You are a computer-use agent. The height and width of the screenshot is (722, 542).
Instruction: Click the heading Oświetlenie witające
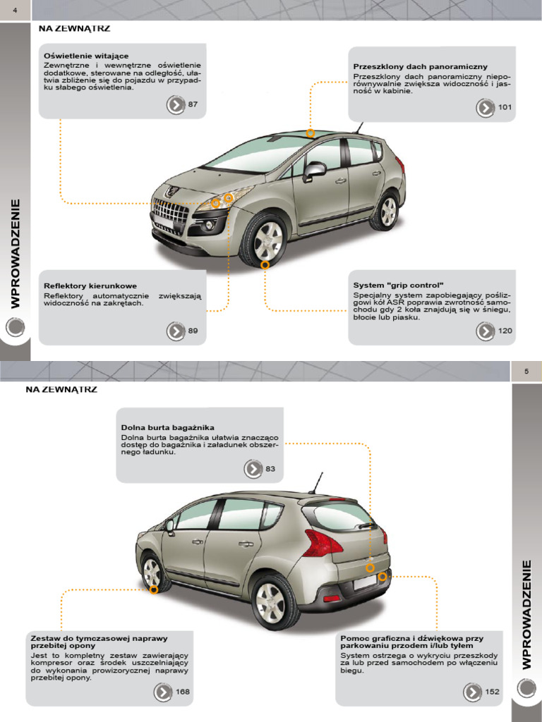pyautogui.click(x=86, y=55)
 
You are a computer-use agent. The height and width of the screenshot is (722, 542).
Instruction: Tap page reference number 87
pyautogui.click(x=193, y=104)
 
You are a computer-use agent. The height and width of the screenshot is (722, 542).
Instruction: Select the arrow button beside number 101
pyautogui.click(x=486, y=108)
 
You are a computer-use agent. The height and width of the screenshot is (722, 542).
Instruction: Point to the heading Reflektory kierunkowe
pyautogui.click(x=90, y=286)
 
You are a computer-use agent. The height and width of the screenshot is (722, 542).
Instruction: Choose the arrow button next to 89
pyautogui.click(x=176, y=331)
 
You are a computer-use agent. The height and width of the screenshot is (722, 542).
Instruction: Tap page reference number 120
pyautogui.click(x=505, y=331)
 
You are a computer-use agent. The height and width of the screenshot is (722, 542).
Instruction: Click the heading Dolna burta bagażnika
pyautogui.click(x=168, y=427)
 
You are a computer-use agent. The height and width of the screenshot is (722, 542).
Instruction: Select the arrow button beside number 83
pyautogui.click(x=253, y=469)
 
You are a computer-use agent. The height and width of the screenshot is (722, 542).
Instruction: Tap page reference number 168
pyautogui.click(x=183, y=692)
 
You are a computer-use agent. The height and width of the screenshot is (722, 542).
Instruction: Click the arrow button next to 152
pyautogui.click(x=473, y=692)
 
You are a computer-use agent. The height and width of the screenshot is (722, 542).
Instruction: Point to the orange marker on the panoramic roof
pyautogui.click(x=311, y=133)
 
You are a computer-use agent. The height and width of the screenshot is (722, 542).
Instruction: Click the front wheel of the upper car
pyautogui.click(x=265, y=240)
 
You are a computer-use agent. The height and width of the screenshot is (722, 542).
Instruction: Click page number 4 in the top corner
pyautogui.click(x=15, y=8)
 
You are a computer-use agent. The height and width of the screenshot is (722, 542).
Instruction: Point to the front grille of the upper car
pyautogui.click(x=171, y=212)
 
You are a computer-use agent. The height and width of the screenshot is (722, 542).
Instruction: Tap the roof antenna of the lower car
pyautogui.click(x=315, y=482)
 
